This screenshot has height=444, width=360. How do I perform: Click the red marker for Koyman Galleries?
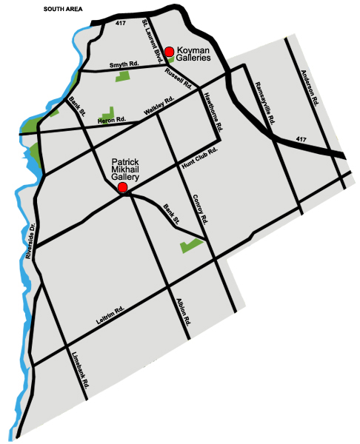[x=169, y=51]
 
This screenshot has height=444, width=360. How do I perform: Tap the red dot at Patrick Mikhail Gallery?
[x=123, y=189]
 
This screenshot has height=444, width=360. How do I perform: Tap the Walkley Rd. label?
[x=159, y=106]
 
